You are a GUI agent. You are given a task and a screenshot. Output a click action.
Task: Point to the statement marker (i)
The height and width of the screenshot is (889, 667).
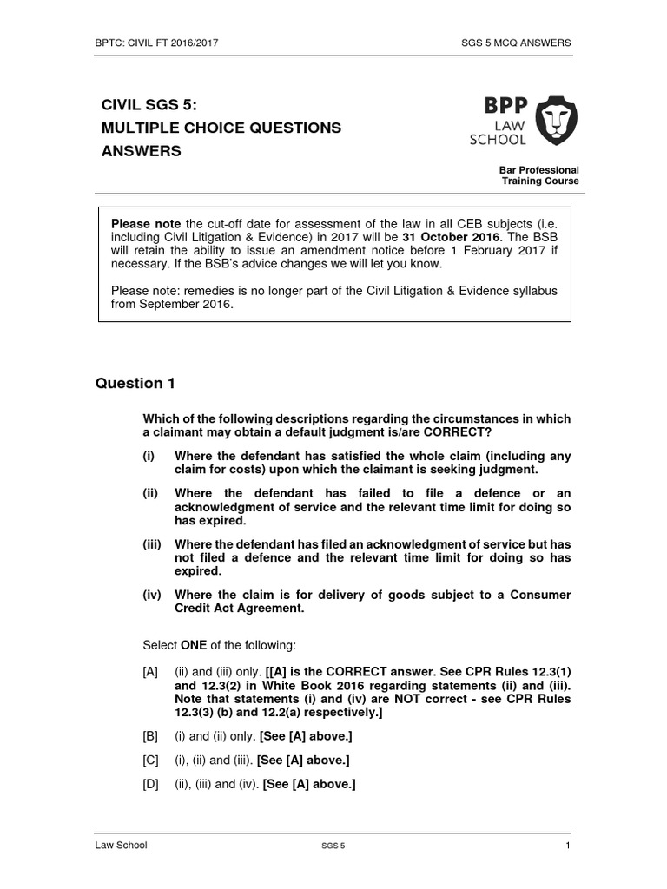pos(149,456)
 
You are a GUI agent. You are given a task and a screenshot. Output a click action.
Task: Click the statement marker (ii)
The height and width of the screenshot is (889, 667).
pos(151,492)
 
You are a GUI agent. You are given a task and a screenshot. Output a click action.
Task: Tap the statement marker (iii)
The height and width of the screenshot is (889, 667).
pos(153,543)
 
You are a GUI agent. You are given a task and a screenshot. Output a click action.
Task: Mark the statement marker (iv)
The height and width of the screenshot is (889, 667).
pos(153,595)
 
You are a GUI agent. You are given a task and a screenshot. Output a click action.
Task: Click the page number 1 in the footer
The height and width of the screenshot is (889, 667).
pos(567,846)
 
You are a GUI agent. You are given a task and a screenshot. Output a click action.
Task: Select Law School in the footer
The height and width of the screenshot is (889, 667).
pos(121,846)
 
